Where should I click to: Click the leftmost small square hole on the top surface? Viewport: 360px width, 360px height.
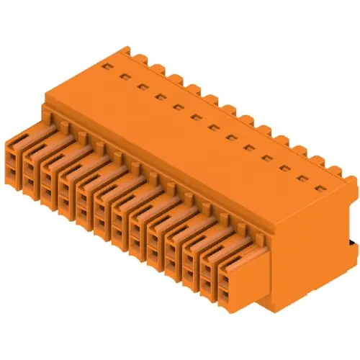tap(105, 65)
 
